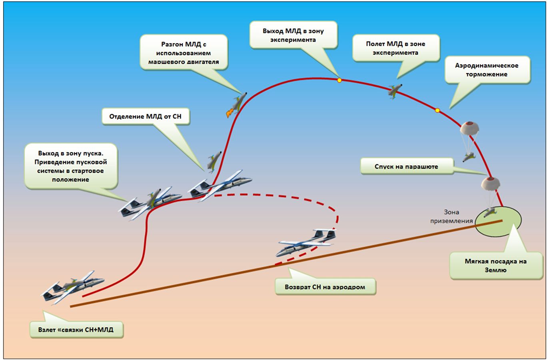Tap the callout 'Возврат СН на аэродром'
325,287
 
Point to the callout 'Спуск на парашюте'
406,166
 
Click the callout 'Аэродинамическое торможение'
487,70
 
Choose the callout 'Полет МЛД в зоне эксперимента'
395,48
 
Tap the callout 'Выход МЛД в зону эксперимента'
293,35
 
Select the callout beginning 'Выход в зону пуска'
71,166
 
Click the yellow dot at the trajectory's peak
339,80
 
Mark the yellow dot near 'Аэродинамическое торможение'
437,110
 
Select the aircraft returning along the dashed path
306,242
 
